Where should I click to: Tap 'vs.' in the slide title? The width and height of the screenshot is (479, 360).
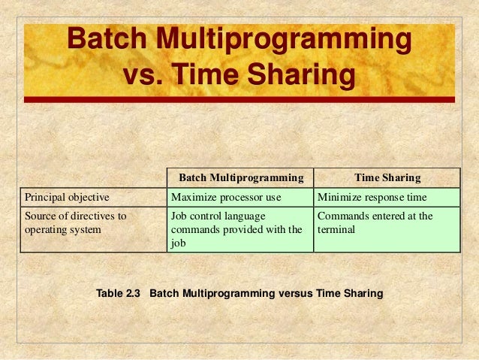143,76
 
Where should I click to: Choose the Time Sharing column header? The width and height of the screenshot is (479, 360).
387,178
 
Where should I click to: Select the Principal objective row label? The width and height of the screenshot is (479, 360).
68,198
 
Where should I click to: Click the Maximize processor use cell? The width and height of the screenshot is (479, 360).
226,198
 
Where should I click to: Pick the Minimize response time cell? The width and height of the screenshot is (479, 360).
372,198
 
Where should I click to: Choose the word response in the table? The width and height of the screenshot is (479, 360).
384,198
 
